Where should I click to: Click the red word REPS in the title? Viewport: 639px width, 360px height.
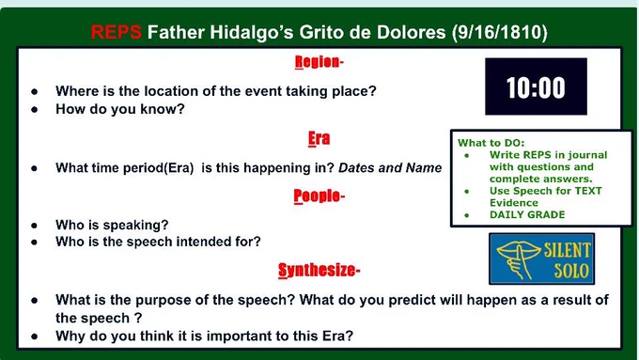[x=117, y=32]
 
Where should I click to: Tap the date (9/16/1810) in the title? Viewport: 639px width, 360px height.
[x=500, y=32]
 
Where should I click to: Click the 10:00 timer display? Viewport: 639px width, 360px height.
[x=536, y=86]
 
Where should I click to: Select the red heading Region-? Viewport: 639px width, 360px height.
[x=319, y=62]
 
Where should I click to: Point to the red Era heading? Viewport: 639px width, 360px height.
[x=319, y=138]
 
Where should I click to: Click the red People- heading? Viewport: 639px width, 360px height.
[x=319, y=196]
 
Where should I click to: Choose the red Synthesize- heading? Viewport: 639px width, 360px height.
[x=319, y=270]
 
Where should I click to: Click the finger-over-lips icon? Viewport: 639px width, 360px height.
[x=517, y=258]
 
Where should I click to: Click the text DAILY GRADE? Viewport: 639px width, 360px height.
[x=527, y=215]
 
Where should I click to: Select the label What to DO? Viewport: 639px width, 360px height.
[x=491, y=143]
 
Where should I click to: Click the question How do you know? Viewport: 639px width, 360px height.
[x=120, y=109]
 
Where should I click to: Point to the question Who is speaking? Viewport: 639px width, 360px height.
[x=112, y=225]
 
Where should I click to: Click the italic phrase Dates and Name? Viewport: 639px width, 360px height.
[x=390, y=167]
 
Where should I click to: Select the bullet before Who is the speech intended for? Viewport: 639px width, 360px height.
[x=35, y=243]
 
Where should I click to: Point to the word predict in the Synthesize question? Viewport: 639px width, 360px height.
[x=413, y=300]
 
